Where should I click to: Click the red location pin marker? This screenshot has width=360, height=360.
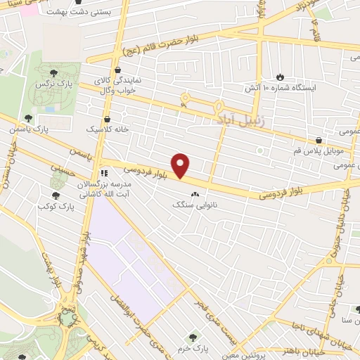(x=181, y=167)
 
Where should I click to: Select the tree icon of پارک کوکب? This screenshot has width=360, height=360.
(x=55, y=196)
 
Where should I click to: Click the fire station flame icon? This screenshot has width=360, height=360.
(x=281, y=76)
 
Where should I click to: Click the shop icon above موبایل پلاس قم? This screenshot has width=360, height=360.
(x=319, y=140)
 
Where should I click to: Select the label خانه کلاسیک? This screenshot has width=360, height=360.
(x=106, y=130)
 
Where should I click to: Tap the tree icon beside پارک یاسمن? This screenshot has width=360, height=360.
(x=28, y=118)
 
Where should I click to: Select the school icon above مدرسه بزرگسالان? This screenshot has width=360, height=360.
(x=104, y=172)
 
